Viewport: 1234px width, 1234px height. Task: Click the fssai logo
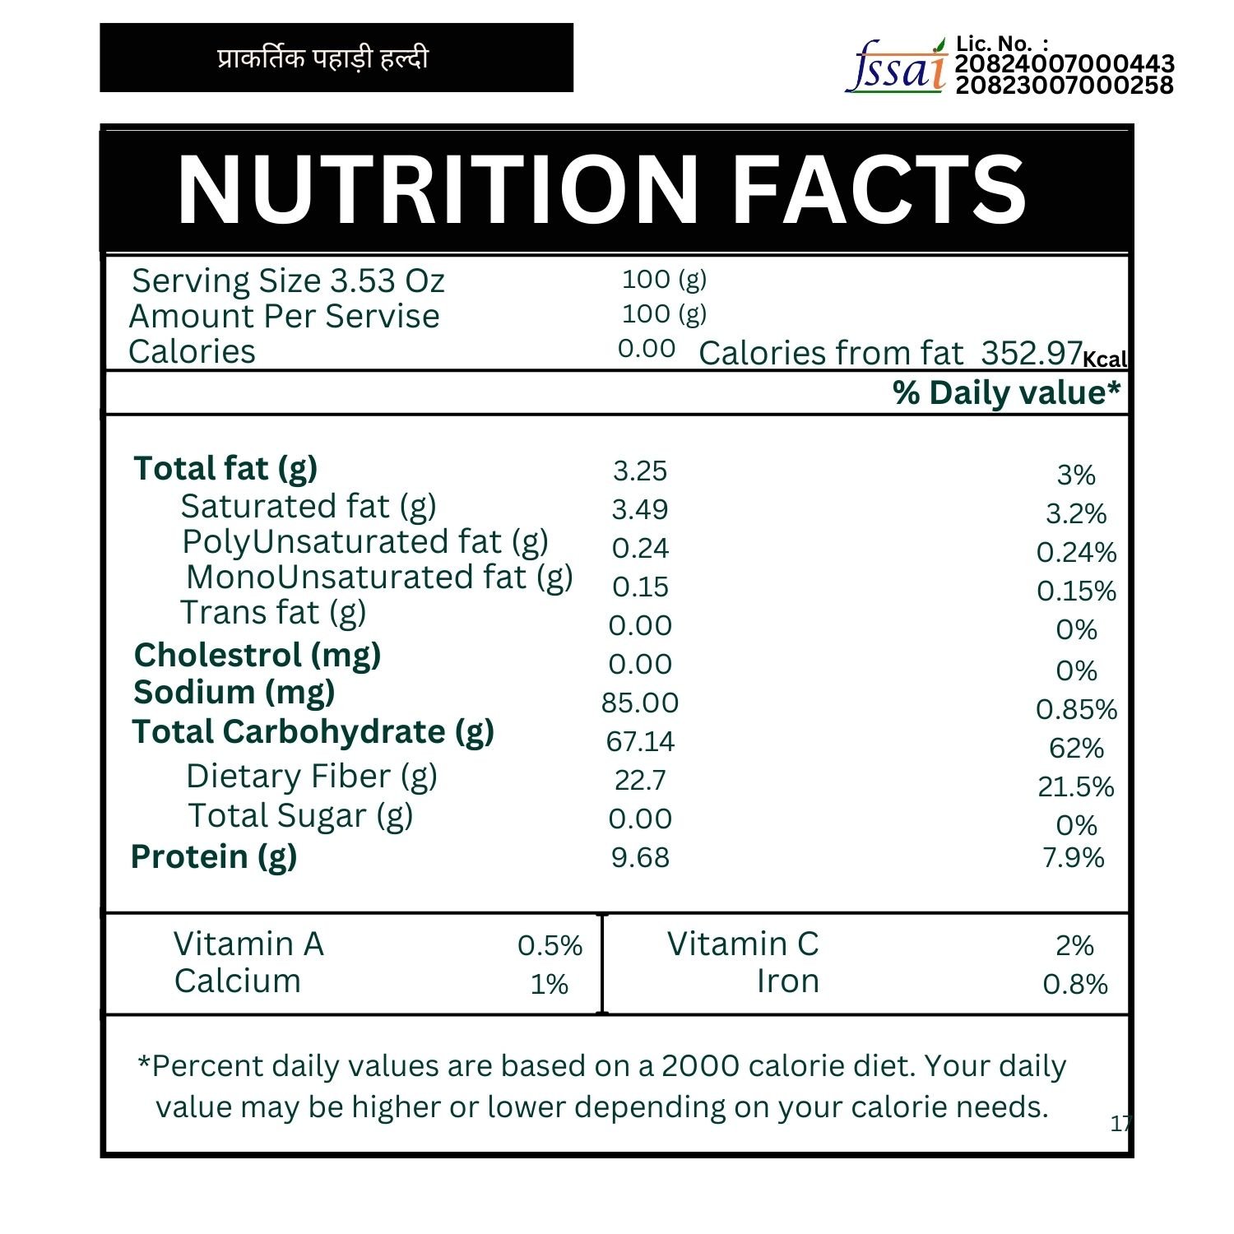pos(896,67)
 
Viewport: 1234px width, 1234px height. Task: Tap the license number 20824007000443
pos(1065,64)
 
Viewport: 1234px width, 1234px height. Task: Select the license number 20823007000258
pos(1065,85)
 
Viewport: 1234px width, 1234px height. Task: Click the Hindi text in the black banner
pos(323,58)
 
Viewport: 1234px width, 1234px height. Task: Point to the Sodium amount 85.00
pos(640,703)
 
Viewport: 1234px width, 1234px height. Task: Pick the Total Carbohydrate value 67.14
pos(640,741)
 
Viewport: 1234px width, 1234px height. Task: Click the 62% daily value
pos(1076,748)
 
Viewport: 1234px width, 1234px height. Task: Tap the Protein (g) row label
pos(214,857)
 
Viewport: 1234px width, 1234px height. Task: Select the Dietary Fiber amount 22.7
pos(640,780)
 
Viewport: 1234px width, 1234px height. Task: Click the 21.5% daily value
pos(1076,786)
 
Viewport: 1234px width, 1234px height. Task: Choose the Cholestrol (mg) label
pos(257,656)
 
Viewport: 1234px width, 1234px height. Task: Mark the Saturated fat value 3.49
pos(640,509)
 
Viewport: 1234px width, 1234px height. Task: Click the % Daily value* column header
pos(1006,393)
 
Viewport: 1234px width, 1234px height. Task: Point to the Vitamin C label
pos(743,944)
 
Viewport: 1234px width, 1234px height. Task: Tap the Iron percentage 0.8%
pos(1075,984)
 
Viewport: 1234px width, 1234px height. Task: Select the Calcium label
pos(238,981)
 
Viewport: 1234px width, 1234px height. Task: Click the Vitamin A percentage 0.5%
pos(550,945)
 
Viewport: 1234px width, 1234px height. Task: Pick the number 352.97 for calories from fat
pos(1032,353)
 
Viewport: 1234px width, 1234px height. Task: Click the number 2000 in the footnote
pos(701,1065)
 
